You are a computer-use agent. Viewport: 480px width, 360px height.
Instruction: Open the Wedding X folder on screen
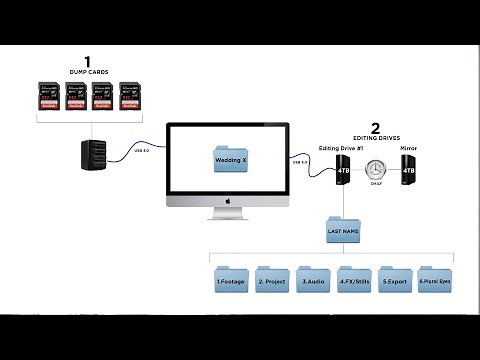231,160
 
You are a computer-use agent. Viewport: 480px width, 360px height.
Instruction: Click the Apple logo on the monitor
228,201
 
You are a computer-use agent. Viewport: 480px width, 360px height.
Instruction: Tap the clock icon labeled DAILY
376,169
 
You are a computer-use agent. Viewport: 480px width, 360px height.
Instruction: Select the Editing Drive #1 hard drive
343,171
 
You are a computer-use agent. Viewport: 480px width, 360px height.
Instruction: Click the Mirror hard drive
408,171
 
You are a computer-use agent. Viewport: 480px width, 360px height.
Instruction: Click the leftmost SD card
48,97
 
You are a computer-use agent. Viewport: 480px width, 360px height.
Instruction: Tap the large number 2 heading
375,127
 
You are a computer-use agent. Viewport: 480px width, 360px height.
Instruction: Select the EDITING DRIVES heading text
375,139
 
